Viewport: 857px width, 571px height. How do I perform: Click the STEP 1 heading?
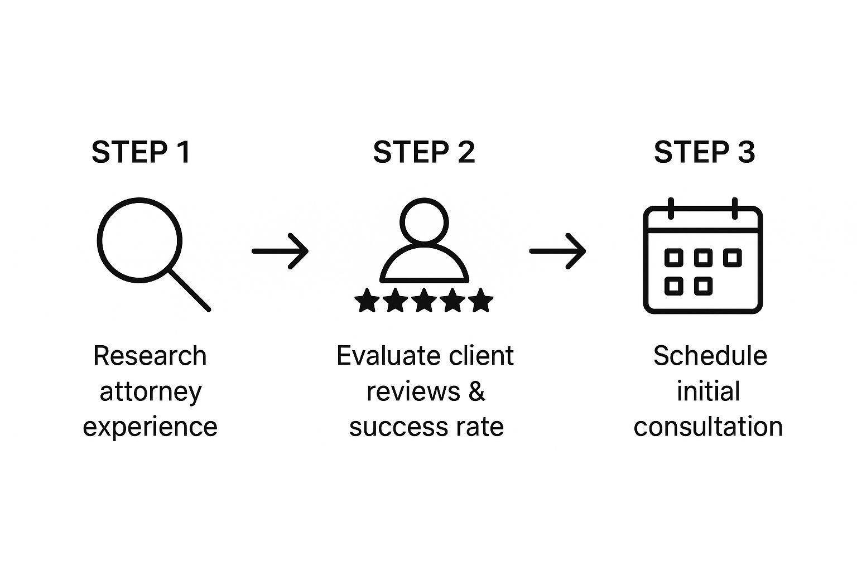(141, 152)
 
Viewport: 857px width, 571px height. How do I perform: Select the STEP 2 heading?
(424, 152)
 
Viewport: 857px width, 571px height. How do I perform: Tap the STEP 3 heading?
(704, 152)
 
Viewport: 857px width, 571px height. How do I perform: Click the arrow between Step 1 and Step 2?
(280, 251)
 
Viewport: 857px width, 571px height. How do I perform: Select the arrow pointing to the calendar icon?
(557, 251)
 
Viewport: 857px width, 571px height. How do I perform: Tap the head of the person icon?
(424, 200)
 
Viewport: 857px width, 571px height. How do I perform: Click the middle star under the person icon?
(424, 301)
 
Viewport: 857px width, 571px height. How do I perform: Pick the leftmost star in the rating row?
(367, 301)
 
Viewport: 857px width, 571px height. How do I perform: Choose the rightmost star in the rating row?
(480, 301)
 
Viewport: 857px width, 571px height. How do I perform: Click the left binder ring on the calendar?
(671, 209)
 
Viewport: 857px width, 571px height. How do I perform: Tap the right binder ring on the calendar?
(735, 209)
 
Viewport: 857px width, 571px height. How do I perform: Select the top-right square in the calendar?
(732, 258)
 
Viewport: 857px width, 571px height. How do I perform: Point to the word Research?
(150, 356)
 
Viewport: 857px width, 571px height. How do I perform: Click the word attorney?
(150, 393)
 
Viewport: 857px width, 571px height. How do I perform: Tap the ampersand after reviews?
(476, 391)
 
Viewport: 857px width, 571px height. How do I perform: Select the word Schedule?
(710, 356)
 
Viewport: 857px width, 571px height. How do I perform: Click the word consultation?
(708, 427)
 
